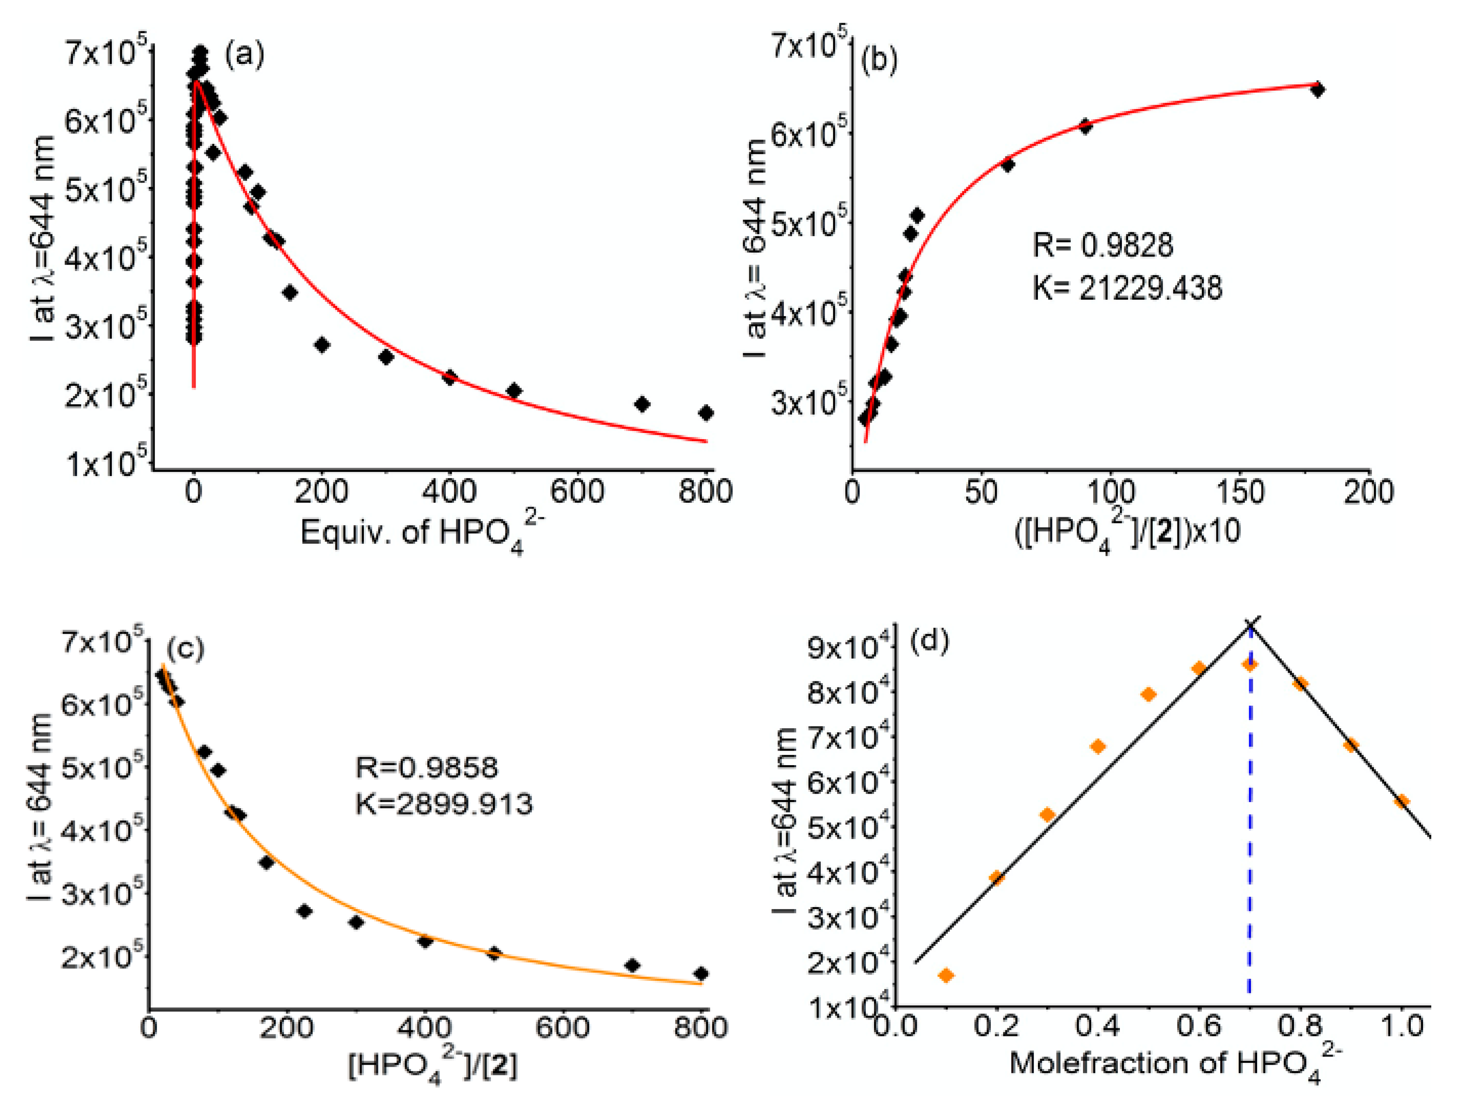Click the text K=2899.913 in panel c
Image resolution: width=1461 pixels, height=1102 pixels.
(444, 804)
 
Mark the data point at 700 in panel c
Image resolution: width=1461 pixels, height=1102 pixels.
(632, 965)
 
